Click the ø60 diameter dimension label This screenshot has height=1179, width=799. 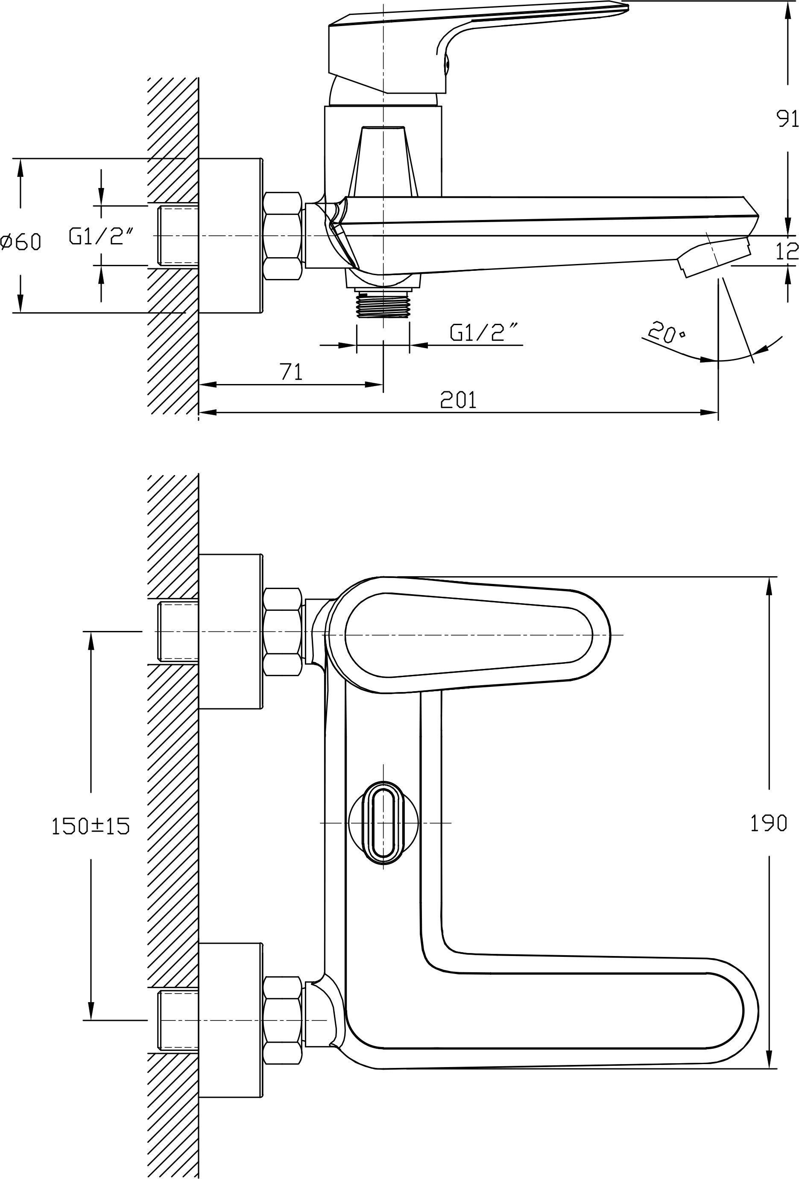[x=21, y=241]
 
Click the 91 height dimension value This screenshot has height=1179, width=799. [x=787, y=119]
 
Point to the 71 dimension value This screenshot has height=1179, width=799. [x=291, y=372]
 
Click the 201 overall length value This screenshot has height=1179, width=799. [x=458, y=400]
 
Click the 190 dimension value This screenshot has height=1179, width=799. [x=768, y=823]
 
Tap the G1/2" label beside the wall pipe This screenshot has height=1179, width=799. [x=102, y=236]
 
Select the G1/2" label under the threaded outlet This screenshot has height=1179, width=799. [x=484, y=332]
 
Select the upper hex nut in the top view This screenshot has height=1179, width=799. [x=283, y=632]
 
